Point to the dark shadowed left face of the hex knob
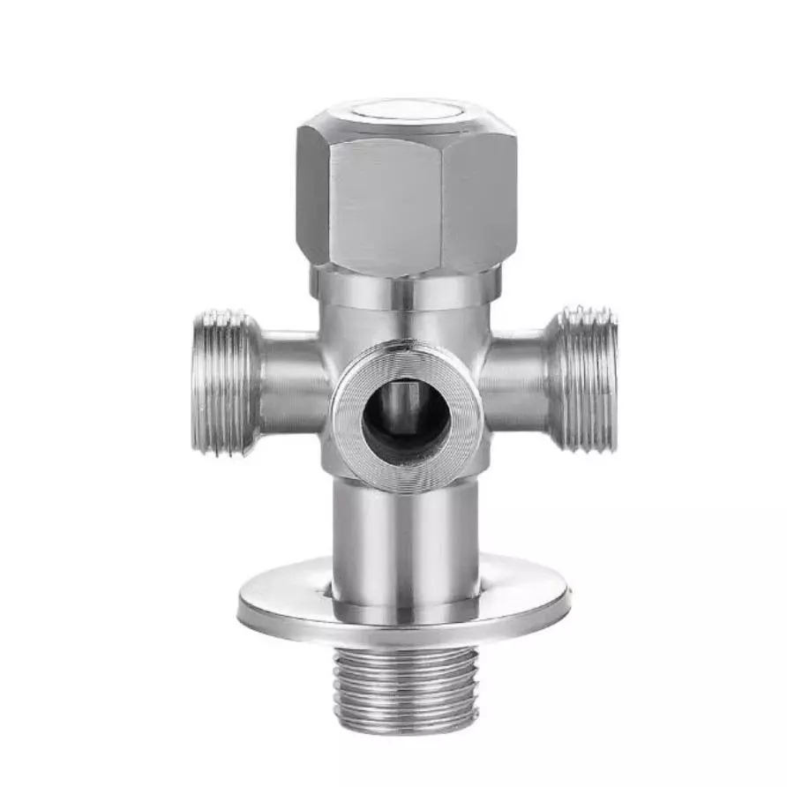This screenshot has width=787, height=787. coord(312,194)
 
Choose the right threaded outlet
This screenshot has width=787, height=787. coord(587,379)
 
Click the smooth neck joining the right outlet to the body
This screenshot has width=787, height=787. coord(516,379)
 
